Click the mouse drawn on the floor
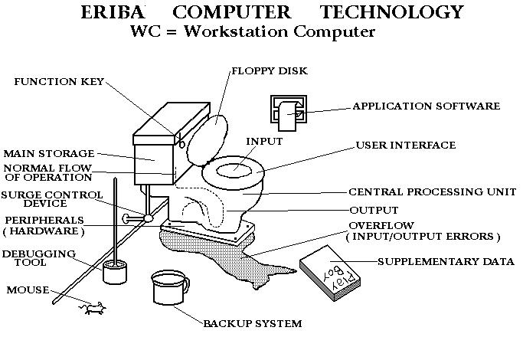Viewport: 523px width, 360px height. [x=93, y=308]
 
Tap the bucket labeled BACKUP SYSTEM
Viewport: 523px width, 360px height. [x=170, y=287]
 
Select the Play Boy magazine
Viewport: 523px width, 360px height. [x=330, y=273]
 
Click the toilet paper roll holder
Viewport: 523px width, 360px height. [x=289, y=113]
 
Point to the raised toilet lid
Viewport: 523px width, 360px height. [x=207, y=140]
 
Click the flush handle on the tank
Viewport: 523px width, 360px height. [x=181, y=141]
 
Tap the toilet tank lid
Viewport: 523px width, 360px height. [x=172, y=123]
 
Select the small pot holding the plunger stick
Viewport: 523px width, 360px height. [x=115, y=272]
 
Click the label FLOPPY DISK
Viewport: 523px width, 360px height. [x=270, y=71]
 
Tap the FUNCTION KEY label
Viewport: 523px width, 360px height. [x=59, y=82]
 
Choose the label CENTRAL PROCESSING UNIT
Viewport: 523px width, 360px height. [x=433, y=191]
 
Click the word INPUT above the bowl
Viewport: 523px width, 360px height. [x=264, y=142]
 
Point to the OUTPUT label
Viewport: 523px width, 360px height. [x=374, y=210]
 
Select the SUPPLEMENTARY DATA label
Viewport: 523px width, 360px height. [x=446, y=261]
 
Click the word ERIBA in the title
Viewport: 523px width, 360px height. [x=113, y=12]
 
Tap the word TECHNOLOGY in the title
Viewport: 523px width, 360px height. [x=392, y=12]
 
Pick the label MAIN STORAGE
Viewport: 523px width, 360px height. [x=49, y=153]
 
